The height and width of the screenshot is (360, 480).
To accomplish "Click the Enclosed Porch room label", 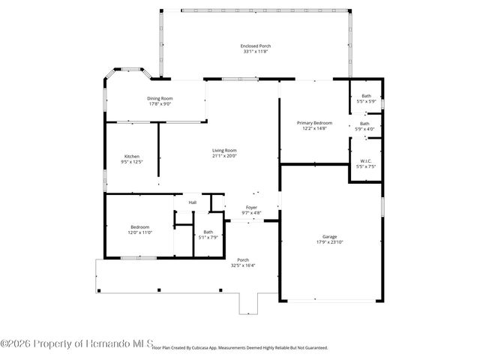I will pyautogui.click(x=256, y=46).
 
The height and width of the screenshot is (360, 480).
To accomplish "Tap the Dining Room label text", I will pyautogui.click(x=160, y=98).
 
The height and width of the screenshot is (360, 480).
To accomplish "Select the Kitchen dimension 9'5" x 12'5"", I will pyautogui.click(x=131, y=162).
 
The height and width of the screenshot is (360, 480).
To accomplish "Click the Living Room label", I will pyautogui.click(x=224, y=150).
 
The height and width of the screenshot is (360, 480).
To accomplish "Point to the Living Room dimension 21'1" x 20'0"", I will pyautogui.click(x=224, y=156).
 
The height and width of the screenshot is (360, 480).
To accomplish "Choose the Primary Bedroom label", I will pyautogui.click(x=314, y=122).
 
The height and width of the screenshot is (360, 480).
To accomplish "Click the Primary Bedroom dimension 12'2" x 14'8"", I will pyautogui.click(x=314, y=128).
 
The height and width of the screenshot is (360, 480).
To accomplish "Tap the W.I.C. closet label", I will pyautogui.click(x=366, y=160).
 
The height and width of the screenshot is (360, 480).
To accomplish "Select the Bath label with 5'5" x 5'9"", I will pyautogui.click(x=366, y=95).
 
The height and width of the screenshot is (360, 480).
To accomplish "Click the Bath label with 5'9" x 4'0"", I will pyautogui.click(x=365, y=123).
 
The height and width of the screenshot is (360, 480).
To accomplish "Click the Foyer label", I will pyautogui.click(x=251, y=207).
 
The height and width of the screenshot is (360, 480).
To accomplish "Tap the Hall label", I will pyautogui.click(x=193, y=202).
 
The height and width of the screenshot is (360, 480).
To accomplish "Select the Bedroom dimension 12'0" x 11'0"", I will pyautogui.click(x=140, y=232).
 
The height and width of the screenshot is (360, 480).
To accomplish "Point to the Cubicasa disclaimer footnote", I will pyautogui.click(x=240, y=348).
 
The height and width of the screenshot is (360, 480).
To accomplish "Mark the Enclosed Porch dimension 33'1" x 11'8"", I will pyautogui.click(x=256, y=52).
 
